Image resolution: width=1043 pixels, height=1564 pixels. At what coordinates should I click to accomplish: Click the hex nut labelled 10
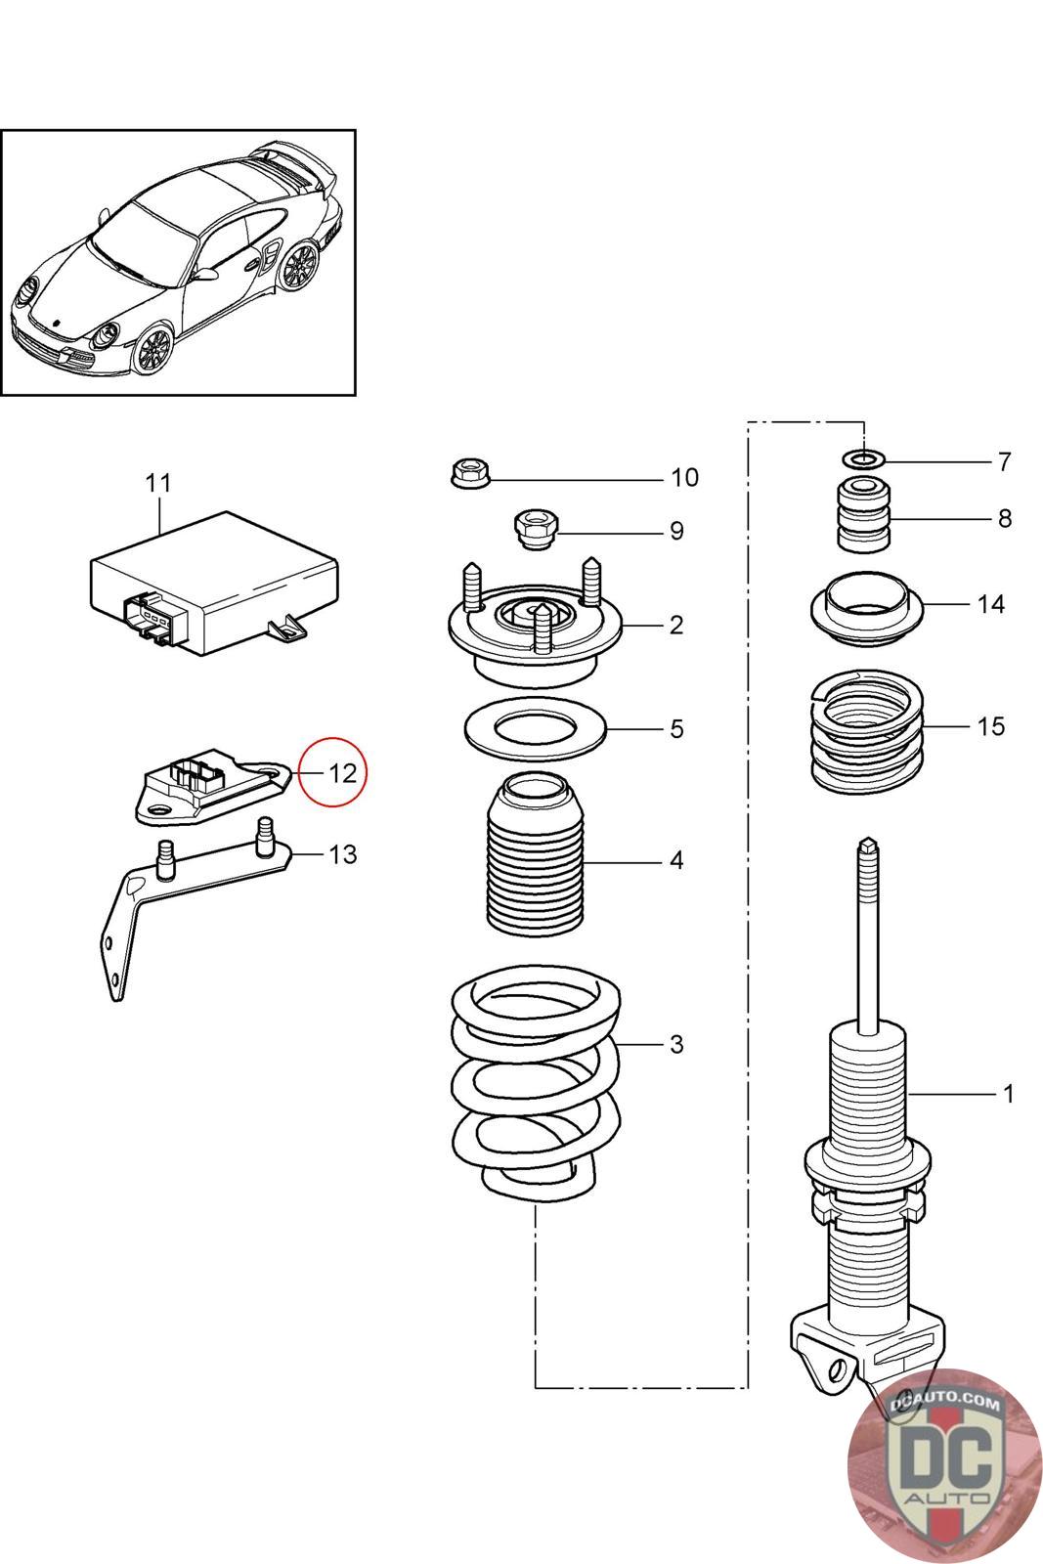(469, 474)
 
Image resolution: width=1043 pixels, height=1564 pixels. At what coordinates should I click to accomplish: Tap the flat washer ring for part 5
(535, 729)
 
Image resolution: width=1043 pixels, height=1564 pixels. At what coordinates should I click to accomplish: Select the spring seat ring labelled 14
(867, 607)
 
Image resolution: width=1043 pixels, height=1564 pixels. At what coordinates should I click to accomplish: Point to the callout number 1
(1008, 1094)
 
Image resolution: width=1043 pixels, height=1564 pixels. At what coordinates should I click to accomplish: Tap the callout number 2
(675, 625)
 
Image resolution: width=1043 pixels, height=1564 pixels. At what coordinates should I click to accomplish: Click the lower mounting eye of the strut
(835, 1369)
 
